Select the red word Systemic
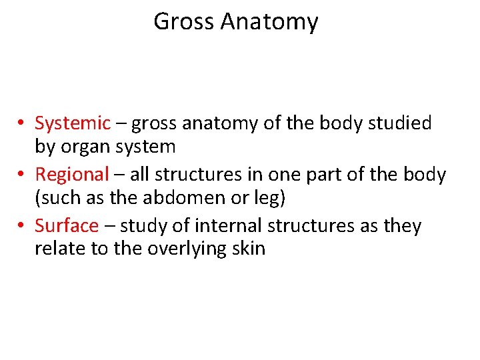point(73,124)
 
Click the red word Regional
point(71,175)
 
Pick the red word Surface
point(66,227)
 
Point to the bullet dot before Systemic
point(22,124)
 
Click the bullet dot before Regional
point(22,175)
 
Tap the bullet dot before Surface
point(22,227)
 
